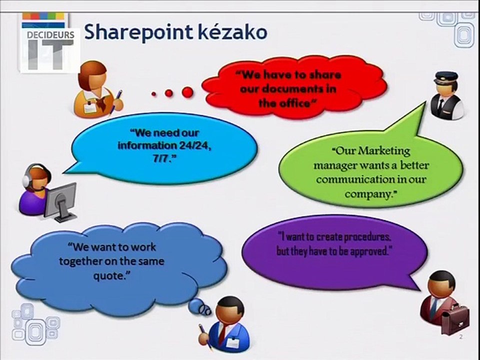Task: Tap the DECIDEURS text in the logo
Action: click(50, 35)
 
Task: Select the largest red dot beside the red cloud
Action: click(187, 91)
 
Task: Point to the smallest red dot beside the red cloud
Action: click(153, 94)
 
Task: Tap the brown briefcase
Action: click(455, 318)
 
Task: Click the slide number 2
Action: click(460, 337)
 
